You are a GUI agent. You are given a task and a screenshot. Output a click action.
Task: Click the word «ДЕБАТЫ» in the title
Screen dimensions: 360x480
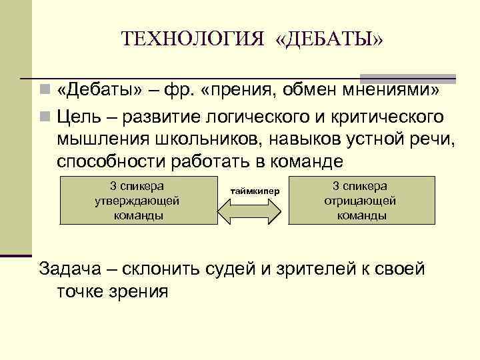[x=329, y=38]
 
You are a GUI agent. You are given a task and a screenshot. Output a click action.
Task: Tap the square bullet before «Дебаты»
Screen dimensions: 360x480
[x=43, y=91]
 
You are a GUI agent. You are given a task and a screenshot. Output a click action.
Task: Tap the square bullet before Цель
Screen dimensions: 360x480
[x=43, y=117]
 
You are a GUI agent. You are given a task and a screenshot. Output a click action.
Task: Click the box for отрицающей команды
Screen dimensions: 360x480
[x=360, y=200]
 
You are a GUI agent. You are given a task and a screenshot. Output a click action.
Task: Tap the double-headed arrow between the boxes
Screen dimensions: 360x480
[x=252, y=211]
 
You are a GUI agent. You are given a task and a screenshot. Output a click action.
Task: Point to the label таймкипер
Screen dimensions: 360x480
[x=255, y=191]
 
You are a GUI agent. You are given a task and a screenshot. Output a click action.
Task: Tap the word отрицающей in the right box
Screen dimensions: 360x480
[x=360, y=200]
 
